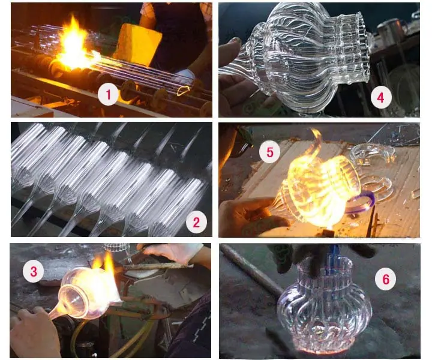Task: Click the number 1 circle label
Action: coord(108,94)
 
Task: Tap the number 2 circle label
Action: coord(196,222)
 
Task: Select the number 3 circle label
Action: coord(34,271)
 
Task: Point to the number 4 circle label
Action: coord(381,98)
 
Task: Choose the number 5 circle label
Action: coord(270,152)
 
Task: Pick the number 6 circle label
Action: coord(385,279)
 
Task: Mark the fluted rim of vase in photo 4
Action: coord(363,47)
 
